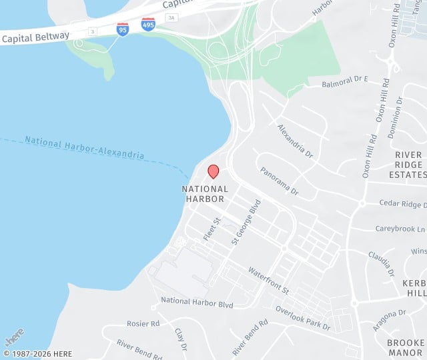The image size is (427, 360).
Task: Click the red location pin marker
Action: [x=213, y=171]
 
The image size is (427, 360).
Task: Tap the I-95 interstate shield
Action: [x=123, y=29]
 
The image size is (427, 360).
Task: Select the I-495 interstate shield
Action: [x=148, y=25]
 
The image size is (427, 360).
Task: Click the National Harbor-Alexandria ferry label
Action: [x=84, y=148]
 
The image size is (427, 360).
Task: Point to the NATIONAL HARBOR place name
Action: [x=205, y=193]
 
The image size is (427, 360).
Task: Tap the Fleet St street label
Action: [x=212, y=229]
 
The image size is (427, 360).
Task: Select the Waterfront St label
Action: [x=268, y=281]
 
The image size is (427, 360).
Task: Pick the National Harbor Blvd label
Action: [x=197, y=303]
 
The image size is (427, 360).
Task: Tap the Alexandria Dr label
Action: [x=295, y=140]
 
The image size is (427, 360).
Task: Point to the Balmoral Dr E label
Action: [x=346, y=83]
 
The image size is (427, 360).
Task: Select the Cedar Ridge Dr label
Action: [x=402, y=204]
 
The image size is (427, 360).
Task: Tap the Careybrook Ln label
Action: [x=400, y=229]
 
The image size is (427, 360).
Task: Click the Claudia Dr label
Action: [x=381, y=264]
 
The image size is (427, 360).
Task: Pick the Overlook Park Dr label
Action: [x=303, y=317]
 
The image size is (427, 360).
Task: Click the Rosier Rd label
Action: [x=143, y=323]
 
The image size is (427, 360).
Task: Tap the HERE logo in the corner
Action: [x=13, y=335]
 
